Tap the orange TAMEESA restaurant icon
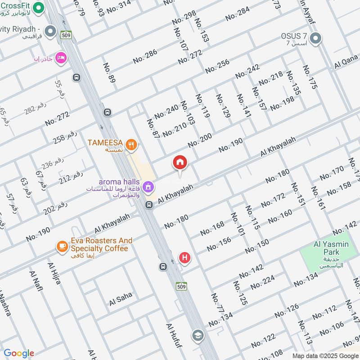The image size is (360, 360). [x=131, y=144]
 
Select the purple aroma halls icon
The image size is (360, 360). [x=147, y=186]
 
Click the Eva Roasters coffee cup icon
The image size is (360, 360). [x=62, y=246]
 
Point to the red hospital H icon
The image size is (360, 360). [x=184, y=258]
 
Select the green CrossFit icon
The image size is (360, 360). [x=39, y=7]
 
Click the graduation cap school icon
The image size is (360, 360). [x=197, y=335]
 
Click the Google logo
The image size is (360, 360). [x=19, y=353]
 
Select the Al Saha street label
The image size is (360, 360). [x=121, y=299]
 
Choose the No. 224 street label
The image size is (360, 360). [x=262, y=283]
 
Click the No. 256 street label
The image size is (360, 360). [x=217, y=66]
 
